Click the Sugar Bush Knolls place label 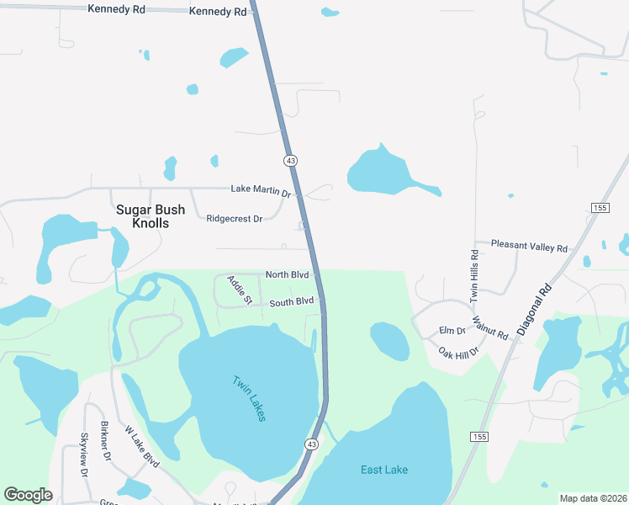142,216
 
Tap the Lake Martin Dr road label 261,191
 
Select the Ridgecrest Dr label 235,219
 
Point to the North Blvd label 288,275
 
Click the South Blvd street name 292,301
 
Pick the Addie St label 239,289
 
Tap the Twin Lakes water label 250,397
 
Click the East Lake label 384,470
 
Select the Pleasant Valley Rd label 529,247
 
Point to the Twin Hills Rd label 474,275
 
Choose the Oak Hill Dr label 458,350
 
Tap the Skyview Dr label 85,454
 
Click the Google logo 29,495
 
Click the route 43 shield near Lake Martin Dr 290,160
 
